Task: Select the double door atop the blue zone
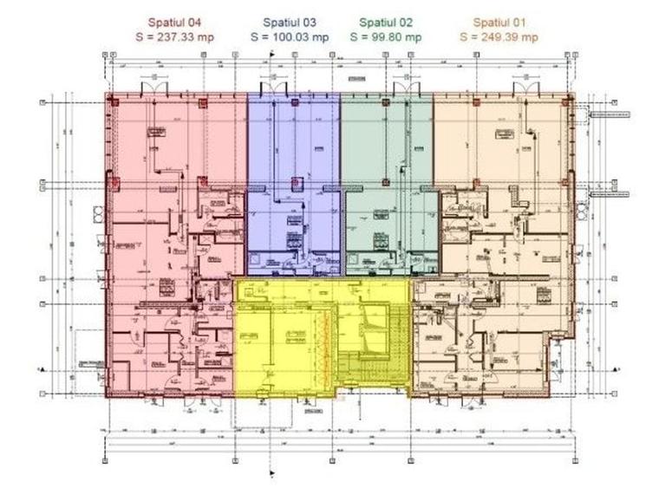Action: coord(275,88)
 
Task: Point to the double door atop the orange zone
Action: coord(525,88)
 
